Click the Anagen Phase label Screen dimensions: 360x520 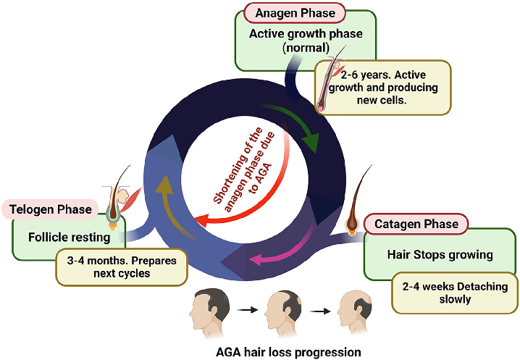pos(295,14)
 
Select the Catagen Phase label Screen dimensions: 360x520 pos(416,224)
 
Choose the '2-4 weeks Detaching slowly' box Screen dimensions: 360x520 pos(454,292)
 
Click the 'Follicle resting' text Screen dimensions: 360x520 pos(68,237)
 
